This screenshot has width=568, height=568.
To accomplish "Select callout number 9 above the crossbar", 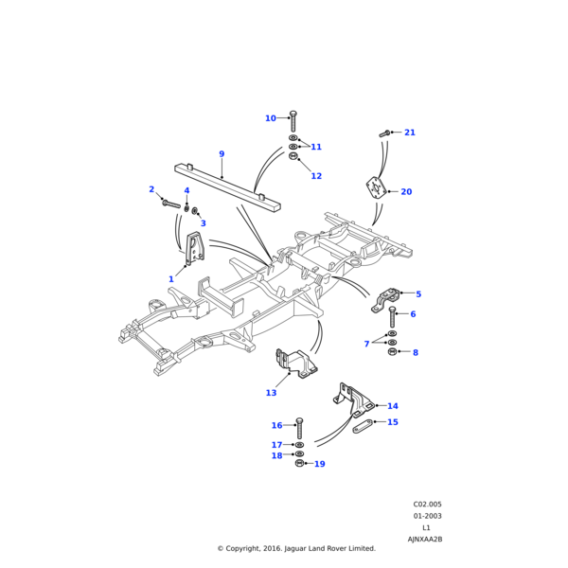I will point(222,154).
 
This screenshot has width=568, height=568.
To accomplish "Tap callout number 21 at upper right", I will point(410,133).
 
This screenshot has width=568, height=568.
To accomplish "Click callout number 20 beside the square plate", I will point(406,192).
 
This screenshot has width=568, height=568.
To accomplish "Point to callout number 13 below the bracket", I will point(272,393).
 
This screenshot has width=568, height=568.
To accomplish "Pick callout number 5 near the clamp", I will point(418,294).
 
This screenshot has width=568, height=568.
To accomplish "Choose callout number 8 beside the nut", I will point(415,353).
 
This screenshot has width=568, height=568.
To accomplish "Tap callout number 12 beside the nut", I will point(316,176).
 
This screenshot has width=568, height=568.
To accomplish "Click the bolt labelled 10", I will point(293,121).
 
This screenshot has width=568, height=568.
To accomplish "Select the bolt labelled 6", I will point(392,317).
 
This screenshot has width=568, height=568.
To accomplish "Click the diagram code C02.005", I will point(427,505).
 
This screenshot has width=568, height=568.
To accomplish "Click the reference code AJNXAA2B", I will point(425,539).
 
